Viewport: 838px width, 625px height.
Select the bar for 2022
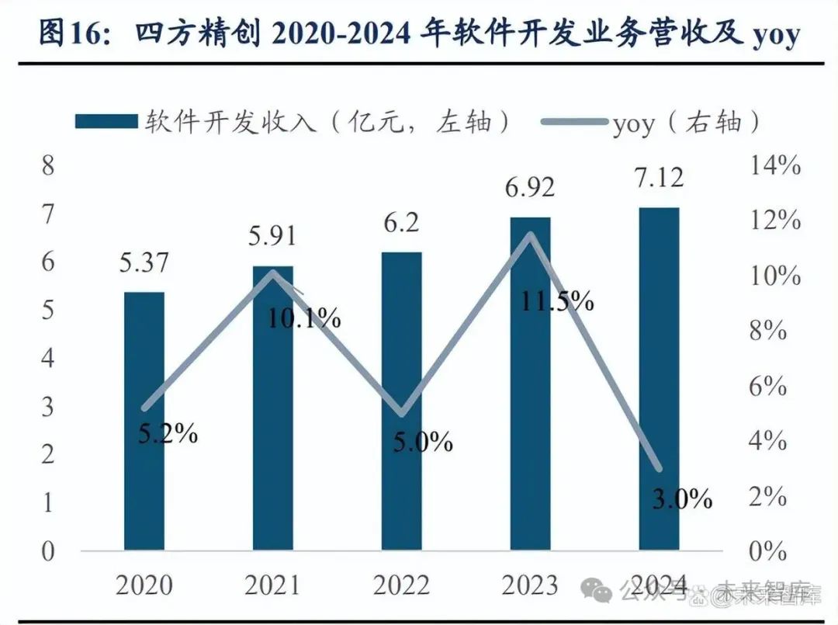tap(401, 401)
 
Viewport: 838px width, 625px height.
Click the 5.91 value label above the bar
tap(272, 235)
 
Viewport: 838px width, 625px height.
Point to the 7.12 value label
tap(658, 178)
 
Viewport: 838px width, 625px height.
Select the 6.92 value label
tap(529, 187)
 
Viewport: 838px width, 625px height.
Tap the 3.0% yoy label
tap(680, 498)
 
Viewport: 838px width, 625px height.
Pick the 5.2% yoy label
tap(168, 433)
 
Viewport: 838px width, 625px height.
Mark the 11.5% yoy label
tap(557, 301)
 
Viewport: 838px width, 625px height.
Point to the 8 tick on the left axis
tap(48, 165)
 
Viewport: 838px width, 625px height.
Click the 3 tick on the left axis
tap(48, 406)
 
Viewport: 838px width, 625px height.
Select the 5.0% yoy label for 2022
tap(422, 443)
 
